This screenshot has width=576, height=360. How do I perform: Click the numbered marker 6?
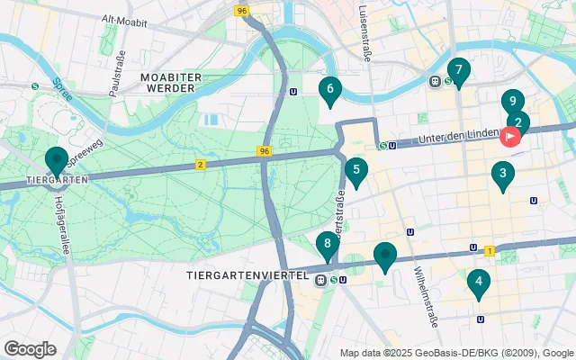coord(330,89)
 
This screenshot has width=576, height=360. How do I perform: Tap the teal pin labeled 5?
coord(356,170)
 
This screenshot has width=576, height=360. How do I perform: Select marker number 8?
coord(328,244)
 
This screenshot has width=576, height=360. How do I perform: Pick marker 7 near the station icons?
coord(459,70)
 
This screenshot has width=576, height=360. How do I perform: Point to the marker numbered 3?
coord(502,175)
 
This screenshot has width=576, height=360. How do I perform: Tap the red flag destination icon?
coord(510,137)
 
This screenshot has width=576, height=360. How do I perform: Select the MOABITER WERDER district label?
coord(168,82)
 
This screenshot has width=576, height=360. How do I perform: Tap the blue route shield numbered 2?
coord(200,164)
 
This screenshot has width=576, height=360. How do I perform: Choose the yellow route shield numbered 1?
coord(489,249)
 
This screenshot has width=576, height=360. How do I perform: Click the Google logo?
coord(30,348)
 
